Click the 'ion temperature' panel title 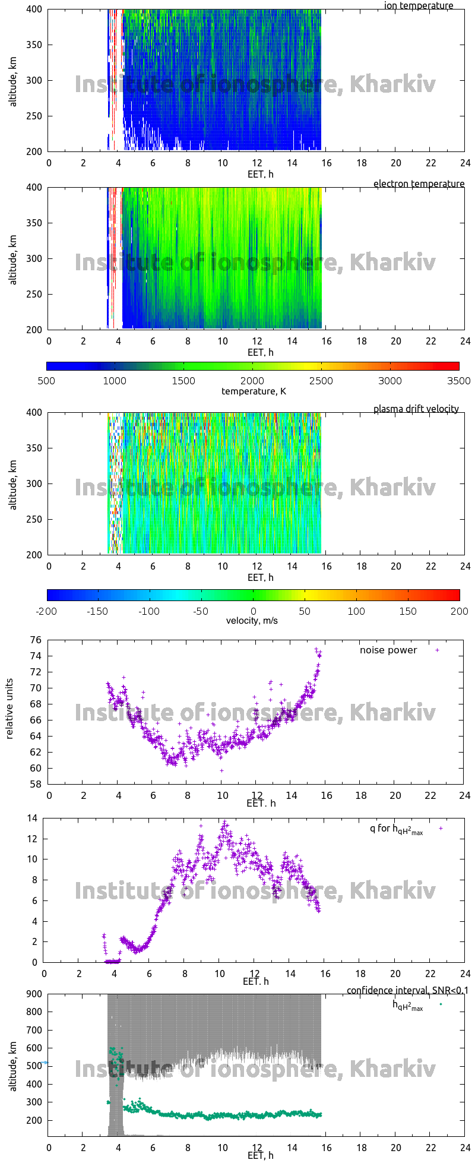419,6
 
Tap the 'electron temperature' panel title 419,184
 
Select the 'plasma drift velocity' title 416,409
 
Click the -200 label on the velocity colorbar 46,611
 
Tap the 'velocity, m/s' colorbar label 252,621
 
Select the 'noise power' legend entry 388,650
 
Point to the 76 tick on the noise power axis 36,640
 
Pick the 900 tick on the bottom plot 34,994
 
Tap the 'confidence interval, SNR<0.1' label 407,990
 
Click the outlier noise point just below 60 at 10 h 221,770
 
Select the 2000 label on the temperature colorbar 252,381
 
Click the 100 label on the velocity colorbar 356,611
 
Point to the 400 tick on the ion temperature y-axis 34,9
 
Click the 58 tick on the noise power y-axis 36,784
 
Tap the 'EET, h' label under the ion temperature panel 260,174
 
